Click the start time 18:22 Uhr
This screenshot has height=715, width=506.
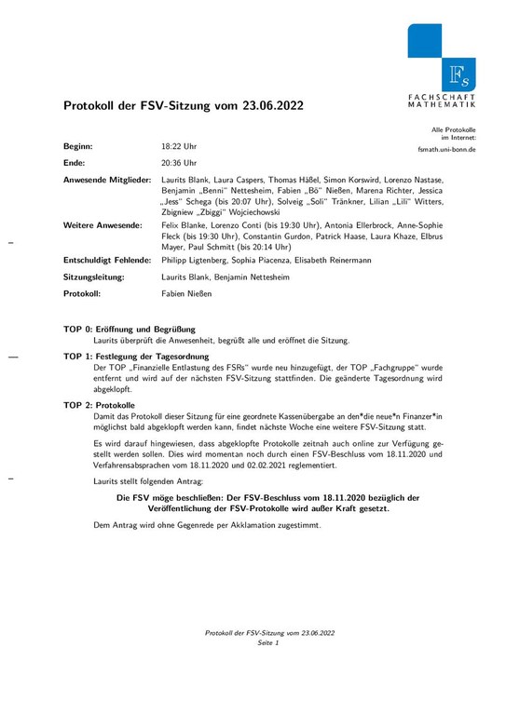tap(179, 147)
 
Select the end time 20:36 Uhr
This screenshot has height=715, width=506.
tap(179, 163)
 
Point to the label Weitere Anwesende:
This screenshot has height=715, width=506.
tap(103, 225)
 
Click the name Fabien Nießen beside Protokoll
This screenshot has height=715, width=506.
tap(186, 294)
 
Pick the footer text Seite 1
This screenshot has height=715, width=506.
tap(268, 643)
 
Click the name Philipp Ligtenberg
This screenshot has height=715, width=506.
tap(195, 261)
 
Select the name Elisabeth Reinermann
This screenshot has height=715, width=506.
tap(332, 261)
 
